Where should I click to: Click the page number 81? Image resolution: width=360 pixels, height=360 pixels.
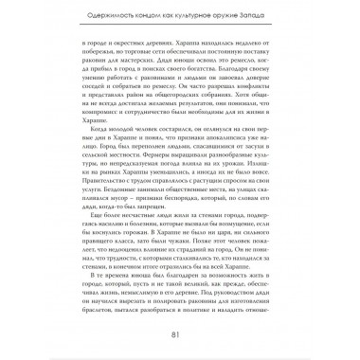pyautogui.click(x=180, y=333)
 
